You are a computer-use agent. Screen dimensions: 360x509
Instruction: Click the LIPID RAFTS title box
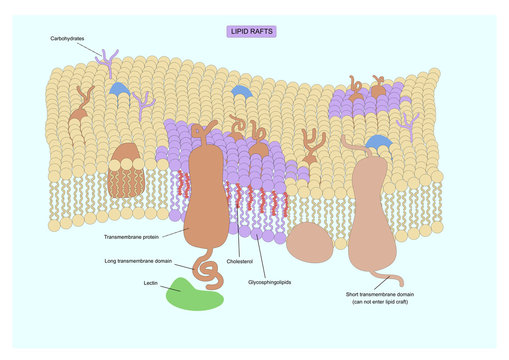pos(251,32)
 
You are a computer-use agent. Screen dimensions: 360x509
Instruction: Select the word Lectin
pos(151,283)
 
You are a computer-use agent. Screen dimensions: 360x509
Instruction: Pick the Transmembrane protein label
pos(130,237)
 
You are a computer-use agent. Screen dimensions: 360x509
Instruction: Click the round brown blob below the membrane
pos(310,241)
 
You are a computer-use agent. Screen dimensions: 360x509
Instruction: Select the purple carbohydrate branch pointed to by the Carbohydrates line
pos(107,63)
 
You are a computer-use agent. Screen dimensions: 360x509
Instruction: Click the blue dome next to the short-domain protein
pos(378,143)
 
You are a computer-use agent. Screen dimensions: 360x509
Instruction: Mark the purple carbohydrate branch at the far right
pos(407,124)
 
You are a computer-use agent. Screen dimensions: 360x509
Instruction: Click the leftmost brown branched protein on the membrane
pos(79,103)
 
